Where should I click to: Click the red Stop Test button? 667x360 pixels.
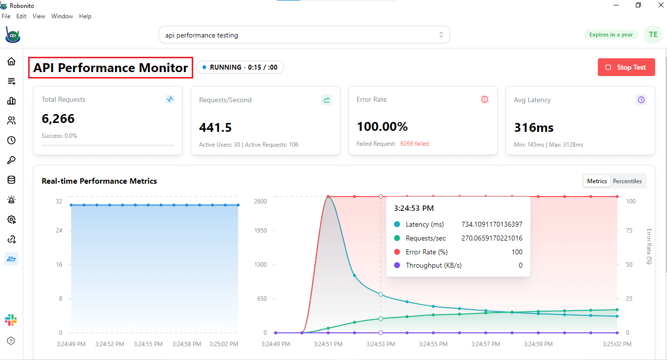(x=626, y=67)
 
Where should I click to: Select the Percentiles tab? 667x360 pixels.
(x=627, y=181)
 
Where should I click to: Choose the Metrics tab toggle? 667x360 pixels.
(x=597, y=181)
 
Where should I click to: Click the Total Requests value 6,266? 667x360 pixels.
(x=58, y=119)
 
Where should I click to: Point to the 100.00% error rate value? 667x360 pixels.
(x=382, y=127)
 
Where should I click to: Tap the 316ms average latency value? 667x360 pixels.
(x=534, y=128)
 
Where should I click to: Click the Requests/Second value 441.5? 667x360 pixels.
(x=215, y=128)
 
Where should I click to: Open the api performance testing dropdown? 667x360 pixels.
(x=304, y=35)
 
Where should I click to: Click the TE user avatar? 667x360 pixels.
(x=653, y=35)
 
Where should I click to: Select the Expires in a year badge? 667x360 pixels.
(x=611, y=35)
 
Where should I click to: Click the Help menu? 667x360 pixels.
(x=85, y=16)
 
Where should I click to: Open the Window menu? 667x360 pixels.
(x=62, y=16)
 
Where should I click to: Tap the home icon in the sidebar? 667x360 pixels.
(x=11, y=62)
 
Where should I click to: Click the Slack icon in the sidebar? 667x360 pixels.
(x=11, y=320)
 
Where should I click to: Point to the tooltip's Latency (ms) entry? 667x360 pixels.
(x=424, y=224)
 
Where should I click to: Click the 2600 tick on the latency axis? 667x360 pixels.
(x=260, y=201)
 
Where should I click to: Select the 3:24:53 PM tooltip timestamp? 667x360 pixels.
(x=414, y=208)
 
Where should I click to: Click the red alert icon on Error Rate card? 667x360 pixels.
(x=484, y=99)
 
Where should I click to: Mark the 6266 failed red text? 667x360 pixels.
(x=415, y=144)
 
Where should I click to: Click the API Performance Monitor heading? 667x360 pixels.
(x=111, y=68)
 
